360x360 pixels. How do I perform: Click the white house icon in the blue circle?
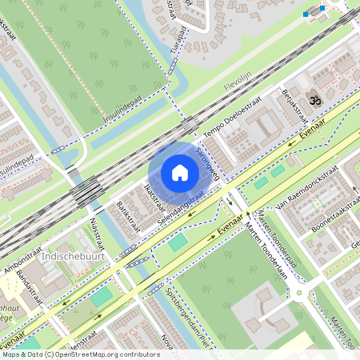click(x=180, y=173)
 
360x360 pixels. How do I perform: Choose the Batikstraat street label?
click(x=128, y=216)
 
